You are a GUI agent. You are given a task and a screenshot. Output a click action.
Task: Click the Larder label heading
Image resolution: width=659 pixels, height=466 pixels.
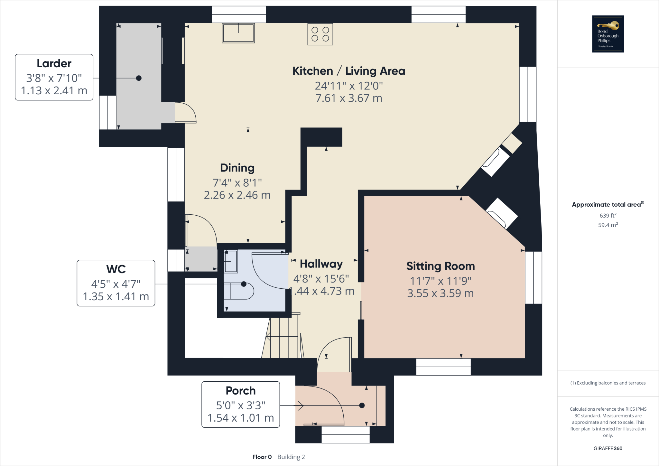tap(54, 63)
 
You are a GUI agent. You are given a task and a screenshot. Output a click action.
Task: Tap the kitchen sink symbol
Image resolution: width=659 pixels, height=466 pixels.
tap(238, 33)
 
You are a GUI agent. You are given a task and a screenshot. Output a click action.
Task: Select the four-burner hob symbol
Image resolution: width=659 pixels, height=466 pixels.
tap(320, 34)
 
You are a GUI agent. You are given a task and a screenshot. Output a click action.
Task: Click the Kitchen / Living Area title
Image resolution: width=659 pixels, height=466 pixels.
tap(348, 71)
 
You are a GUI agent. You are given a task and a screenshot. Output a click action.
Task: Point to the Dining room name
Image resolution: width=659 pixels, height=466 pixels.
tap(237, 168)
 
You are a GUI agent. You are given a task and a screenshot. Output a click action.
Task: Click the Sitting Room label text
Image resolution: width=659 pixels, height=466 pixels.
tap(440, 266)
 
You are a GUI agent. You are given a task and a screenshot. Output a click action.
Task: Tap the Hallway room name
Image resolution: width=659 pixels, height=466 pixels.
tap(321, 264)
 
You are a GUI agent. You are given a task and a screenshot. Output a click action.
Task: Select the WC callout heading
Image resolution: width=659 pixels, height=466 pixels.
tap(116, 269)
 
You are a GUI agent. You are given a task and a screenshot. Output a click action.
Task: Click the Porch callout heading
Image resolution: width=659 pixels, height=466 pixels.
tap(240, 391)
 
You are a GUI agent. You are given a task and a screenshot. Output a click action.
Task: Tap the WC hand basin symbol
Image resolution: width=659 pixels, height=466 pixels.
tap(231, 261)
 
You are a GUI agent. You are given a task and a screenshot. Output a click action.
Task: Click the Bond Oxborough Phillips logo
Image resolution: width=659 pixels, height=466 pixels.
tap(608, 34)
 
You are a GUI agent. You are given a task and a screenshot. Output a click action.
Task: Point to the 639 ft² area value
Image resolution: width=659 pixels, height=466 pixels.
tap(608, 215)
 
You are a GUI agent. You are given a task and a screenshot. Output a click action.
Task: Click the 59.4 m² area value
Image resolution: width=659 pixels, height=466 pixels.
tap(608, 225)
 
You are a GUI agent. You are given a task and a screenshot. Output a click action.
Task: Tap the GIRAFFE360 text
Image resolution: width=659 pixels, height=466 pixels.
tap(608, 448)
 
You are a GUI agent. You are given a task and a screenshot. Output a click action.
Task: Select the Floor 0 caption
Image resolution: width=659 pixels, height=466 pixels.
tap(262, 457)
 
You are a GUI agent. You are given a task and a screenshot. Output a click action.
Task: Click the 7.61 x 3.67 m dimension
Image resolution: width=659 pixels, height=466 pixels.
tap(348, 98)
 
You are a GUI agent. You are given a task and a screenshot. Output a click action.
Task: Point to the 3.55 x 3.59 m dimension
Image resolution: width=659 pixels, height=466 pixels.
tap(440, 294)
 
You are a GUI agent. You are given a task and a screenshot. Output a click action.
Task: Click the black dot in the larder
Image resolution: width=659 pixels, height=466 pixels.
tap(139, 78)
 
